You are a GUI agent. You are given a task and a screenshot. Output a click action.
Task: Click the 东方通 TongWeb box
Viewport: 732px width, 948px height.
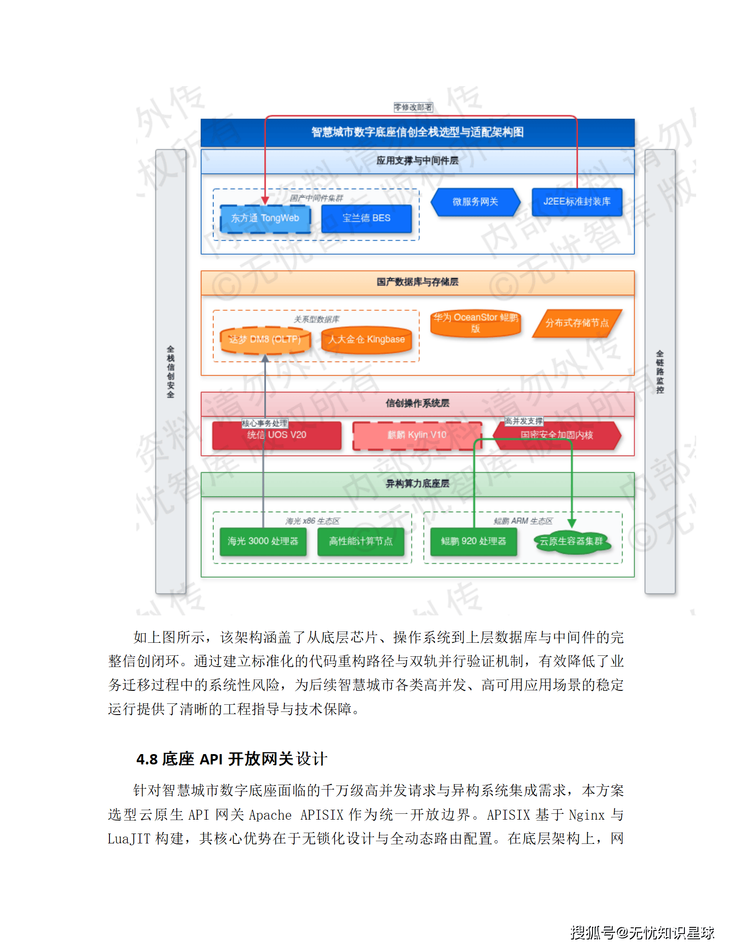[x=265, y=219]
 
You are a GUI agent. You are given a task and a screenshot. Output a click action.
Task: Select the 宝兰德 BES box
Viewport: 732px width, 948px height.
[x=366, y=219]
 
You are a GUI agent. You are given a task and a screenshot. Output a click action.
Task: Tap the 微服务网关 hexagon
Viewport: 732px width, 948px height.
[x=475, y=202]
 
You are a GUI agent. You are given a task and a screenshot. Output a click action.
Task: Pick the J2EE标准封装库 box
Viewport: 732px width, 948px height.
[x=577, y=202]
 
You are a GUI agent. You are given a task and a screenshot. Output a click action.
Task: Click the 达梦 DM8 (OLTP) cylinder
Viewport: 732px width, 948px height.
[x=265, y=340]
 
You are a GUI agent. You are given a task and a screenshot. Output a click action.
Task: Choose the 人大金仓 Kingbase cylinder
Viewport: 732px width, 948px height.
[x=366, y=340]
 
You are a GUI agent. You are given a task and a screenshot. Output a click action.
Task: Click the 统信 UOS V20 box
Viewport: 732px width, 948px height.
[x=277, y=435]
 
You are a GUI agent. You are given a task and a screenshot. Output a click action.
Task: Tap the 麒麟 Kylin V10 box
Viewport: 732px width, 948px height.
[x=417, y=435]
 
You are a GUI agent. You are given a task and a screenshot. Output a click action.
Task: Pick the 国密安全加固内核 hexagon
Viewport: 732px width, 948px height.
[x=557, y=435]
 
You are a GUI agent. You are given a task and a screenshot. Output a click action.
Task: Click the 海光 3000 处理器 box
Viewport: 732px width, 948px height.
[x=263, y=541]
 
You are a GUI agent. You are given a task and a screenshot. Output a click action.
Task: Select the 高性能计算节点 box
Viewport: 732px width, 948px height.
[x=361, y=541]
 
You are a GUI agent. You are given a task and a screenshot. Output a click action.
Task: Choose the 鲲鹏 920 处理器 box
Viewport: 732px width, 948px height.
[x=474, y=541]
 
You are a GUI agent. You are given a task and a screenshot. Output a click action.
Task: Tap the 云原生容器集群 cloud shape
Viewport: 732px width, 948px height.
[x=571, y=542]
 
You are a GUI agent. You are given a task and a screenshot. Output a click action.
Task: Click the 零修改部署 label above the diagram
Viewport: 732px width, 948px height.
[x=413, y=107]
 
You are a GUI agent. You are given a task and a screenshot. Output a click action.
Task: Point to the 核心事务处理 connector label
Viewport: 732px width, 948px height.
[x=265, y=423]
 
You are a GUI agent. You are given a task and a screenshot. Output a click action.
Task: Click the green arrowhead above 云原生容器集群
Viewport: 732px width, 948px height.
[x=572, y=523]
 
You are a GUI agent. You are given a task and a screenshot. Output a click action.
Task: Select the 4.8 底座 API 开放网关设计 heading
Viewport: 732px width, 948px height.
[x=231, y=759]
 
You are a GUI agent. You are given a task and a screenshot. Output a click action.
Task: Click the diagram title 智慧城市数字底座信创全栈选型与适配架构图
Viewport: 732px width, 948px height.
[x=418, y=132]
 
